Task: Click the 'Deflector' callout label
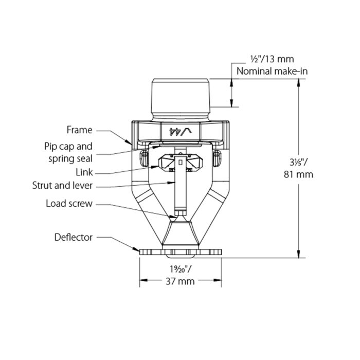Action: pos(74,237)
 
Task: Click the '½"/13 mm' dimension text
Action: pos(272,60)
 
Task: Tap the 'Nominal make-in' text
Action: pos(272,71)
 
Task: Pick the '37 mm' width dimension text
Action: pos(181,281)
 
